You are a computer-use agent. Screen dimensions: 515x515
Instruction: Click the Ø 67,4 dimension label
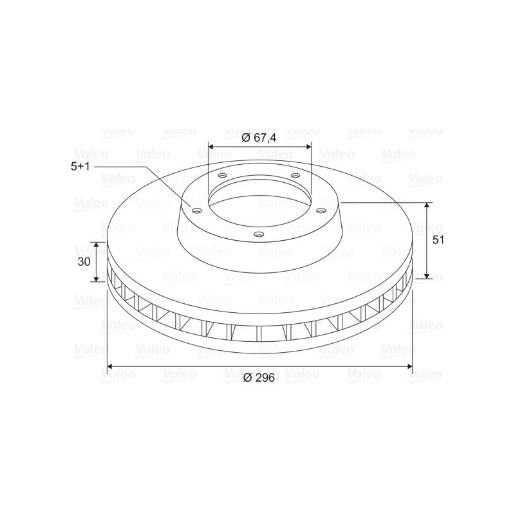(x=259, y=138)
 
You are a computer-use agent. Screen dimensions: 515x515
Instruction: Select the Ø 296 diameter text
(x=259, y=378)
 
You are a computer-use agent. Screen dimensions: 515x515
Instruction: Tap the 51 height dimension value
(x=438, y=240)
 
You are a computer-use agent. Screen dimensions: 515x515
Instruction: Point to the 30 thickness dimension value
(x=84, y=262)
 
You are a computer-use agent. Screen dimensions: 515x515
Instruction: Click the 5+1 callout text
(x=80, y=166)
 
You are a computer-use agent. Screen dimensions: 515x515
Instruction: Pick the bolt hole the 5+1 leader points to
(x=197, y=211)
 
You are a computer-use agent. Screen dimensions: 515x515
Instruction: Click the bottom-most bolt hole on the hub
(x=259, y=234)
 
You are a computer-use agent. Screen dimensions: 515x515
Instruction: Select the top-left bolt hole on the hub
(x=222, y=175)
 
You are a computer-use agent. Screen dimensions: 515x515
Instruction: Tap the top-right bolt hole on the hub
(x=296, y=175)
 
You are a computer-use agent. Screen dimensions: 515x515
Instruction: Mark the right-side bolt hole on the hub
(x=321, y=211)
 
